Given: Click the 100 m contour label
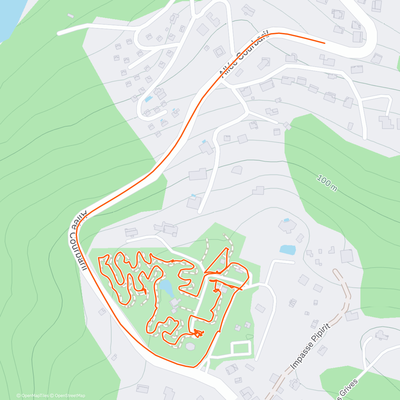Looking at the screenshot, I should pyautogui.click(x=327, y=183).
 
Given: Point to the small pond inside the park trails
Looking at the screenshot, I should pyautogui.click(x=166, y=287).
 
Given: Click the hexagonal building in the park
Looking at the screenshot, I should pyautogui.click(x=190, y=346).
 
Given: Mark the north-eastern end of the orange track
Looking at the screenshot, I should pyautogui.click(x=325, y=43).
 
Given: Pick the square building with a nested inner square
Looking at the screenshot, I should pyautogui.click(x=219, y=52).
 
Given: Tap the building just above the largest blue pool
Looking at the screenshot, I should pyautogui.click(x=287, y=225).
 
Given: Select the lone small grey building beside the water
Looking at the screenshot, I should pyautogui.click(x=70, y=16).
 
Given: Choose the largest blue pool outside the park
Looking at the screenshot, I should pyautogui.click(x=288, y=250).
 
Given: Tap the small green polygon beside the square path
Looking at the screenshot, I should pyautogui.click(x=248, y=336).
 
